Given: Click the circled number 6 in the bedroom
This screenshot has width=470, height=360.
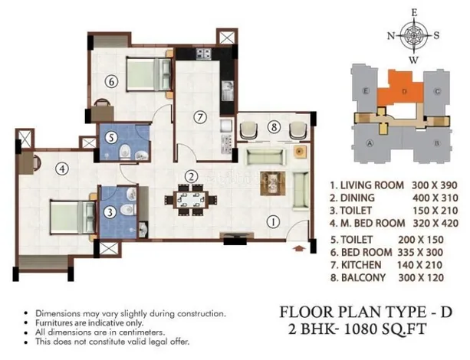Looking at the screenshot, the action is pos(111,81).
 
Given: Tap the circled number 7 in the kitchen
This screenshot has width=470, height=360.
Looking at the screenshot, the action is pos(200,116).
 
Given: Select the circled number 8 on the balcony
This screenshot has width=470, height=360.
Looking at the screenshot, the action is pos(274,127).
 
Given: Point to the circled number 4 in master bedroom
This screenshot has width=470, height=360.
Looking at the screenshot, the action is pos(62,169).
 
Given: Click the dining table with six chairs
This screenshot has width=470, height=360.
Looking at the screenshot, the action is pos(191,200).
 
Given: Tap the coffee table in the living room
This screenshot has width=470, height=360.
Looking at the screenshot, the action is pos(272,183).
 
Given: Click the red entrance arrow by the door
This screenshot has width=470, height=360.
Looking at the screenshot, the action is pos(298,248).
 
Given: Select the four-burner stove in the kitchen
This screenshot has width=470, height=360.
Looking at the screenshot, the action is pos(204,54).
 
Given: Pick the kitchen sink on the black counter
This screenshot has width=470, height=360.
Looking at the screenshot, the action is pos(228,91).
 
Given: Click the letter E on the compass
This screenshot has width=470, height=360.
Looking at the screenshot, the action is pos(414,12).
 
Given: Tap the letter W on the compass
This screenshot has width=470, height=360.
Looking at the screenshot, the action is pos(413,61).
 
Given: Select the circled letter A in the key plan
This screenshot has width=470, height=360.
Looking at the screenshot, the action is pos(370,143).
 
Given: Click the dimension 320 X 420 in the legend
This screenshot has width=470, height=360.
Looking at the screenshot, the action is pos(435,224).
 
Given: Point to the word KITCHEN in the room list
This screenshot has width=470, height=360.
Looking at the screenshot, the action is pos(361,265).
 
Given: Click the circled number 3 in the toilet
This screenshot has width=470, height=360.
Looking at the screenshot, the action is pos(110,212).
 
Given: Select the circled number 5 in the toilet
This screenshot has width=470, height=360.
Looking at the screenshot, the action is pos(111,138).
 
